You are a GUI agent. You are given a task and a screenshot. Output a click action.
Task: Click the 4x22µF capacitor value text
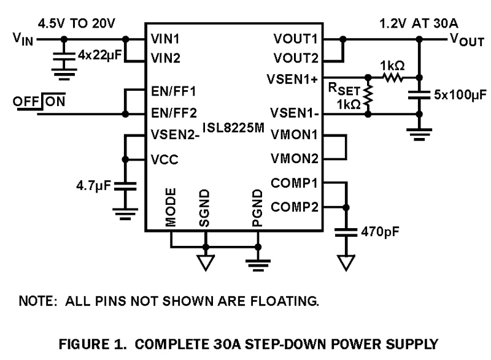(x=101, y=55)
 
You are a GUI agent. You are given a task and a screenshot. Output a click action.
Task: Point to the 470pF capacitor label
(x=377, y=234)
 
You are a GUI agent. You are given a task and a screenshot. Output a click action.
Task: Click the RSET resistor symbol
(x=368, y=96)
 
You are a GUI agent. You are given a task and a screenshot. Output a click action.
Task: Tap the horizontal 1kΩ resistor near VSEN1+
(x=392, y=77)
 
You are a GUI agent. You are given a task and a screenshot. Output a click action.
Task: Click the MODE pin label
(x=171, y=208)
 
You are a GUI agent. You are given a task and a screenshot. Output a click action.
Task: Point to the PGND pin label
(x=257, y=208)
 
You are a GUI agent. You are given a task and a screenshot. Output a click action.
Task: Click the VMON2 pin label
(x=295, y=159)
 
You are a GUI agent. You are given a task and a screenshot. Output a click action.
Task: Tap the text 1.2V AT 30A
(x=410, y=23)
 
